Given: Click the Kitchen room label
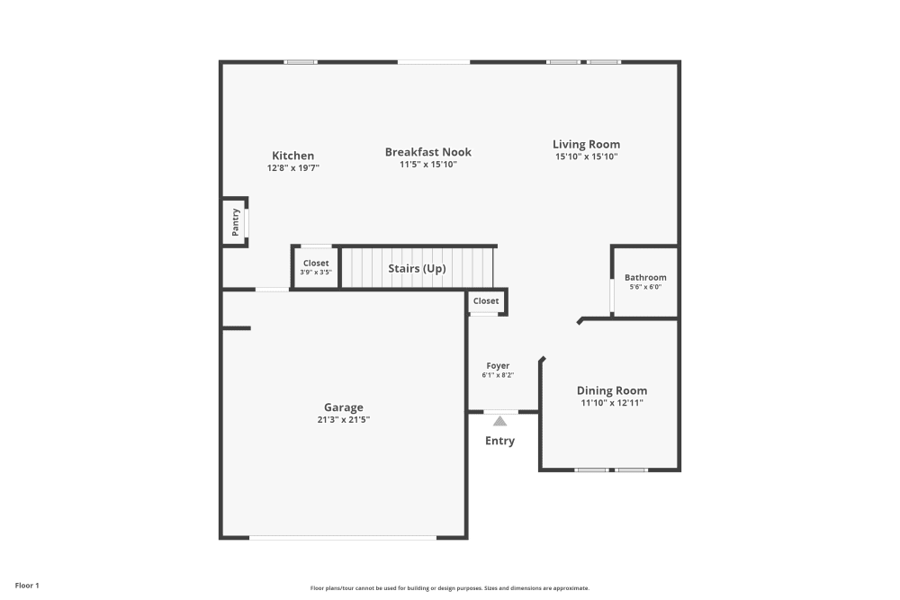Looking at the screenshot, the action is (x=292, y=156).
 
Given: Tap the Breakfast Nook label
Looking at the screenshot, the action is (x=428, y=152).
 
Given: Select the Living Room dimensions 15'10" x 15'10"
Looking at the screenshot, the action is (x=587, y=157).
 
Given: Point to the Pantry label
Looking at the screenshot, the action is (x=235, y=222).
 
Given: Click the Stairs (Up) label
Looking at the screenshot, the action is (x=417, y=268).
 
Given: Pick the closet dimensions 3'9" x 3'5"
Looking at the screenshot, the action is (x=316, y=273).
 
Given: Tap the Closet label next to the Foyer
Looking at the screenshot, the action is (x=486, y=301).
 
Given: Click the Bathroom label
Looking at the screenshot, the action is (x=645, y=278).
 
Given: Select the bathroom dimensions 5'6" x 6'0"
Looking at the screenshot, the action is (x=645, y=287).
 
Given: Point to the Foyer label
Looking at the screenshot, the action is (x=498, y=366).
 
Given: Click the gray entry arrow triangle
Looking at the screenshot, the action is (x=499, y=421).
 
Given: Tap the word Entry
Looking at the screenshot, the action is (x=499, y=441).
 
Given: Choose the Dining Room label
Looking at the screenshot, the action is (x=612, y=390).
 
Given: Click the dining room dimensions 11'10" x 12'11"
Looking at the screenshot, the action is (x=612, y=403).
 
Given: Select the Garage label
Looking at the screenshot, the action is (x=344, y=407).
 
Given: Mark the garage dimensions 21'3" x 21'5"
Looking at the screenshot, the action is (x=344, y=420).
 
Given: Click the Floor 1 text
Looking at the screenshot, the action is (x=27, y=586).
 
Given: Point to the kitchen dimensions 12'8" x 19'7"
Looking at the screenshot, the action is (x=292, y=168).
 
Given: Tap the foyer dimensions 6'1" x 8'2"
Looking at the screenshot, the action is (x=498, y=375).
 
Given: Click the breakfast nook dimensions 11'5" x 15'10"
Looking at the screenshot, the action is (x=428, y=165).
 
